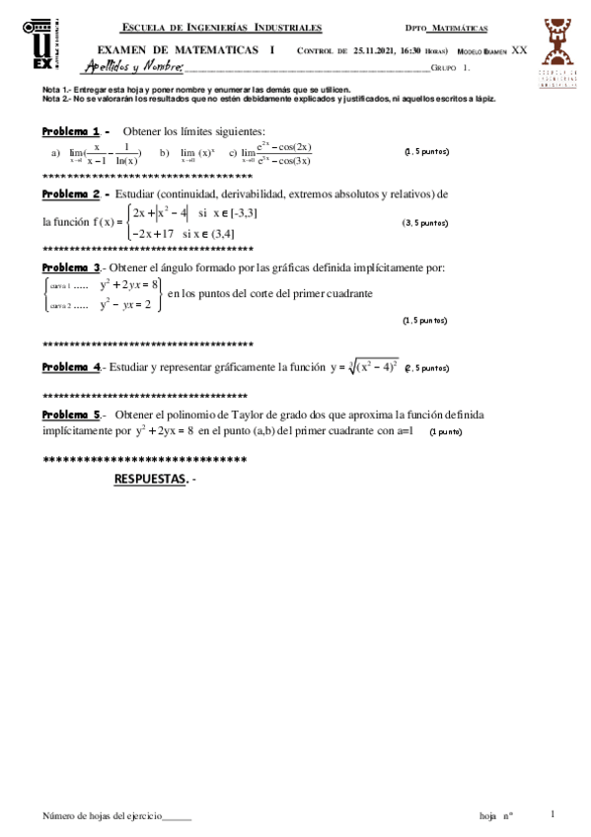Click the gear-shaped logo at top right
[x=557, y=52]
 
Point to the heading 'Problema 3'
[x=71, y=267]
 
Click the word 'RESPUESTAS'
[x=150, y=478]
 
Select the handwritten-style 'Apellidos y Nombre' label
[x=134, y=67]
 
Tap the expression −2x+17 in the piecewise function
[x=153, y=234]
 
